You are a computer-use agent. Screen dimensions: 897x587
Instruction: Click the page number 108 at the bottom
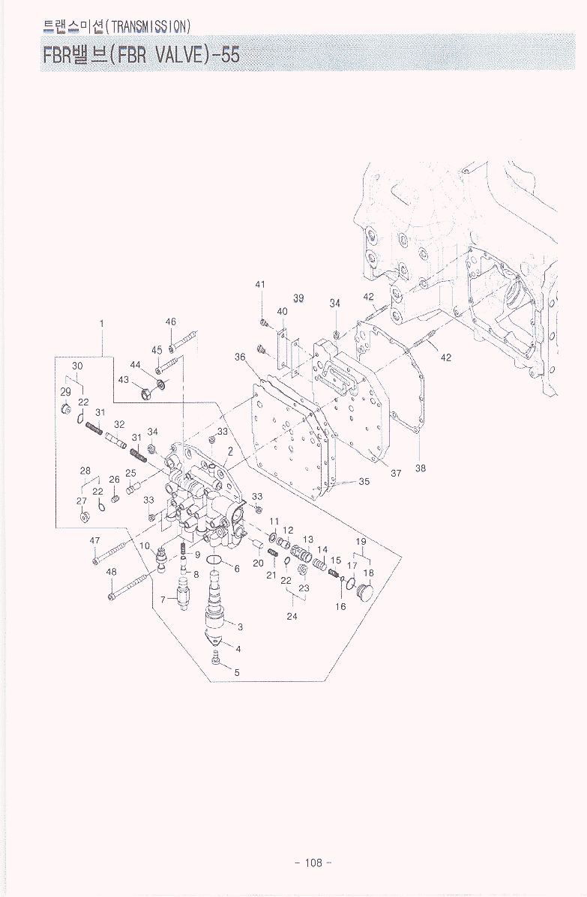tap(313, 863)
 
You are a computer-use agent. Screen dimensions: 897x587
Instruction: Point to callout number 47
tap(94, 540)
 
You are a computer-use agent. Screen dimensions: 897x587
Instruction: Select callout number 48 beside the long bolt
tap(111, 572)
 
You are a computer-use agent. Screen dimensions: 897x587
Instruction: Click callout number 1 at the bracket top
tap(101, 323)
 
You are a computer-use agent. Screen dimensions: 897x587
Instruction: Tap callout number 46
tap(170, 321)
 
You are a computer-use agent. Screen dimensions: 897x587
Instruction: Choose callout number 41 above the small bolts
tap(260, 285)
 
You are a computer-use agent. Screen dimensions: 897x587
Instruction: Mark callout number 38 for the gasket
tap(421, 468)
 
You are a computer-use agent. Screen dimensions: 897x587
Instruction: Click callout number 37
tap(396, 473)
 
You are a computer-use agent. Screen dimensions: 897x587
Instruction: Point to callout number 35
tap(364, 482)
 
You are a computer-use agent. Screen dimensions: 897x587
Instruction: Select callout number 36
tap(240, 357)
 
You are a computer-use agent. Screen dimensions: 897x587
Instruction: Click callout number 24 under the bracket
tap(292, 616)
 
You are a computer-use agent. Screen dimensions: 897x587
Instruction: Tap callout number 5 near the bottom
tap(237, 672)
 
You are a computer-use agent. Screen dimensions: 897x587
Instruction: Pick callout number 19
tap(361, 541)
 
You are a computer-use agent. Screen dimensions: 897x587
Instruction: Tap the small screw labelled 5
tap(216, 659)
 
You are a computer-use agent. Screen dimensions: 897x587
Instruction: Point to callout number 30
tap(77, 365)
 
